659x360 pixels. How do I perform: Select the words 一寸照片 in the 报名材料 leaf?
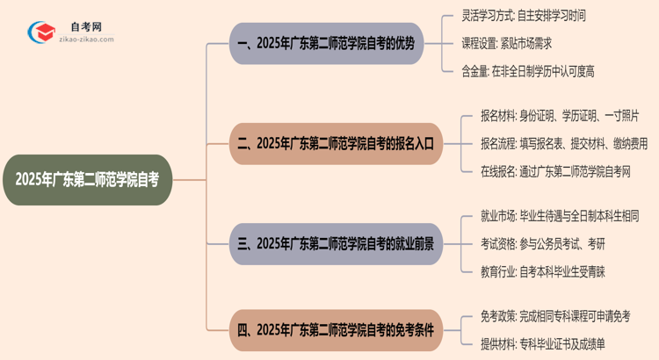coord(619,116)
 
